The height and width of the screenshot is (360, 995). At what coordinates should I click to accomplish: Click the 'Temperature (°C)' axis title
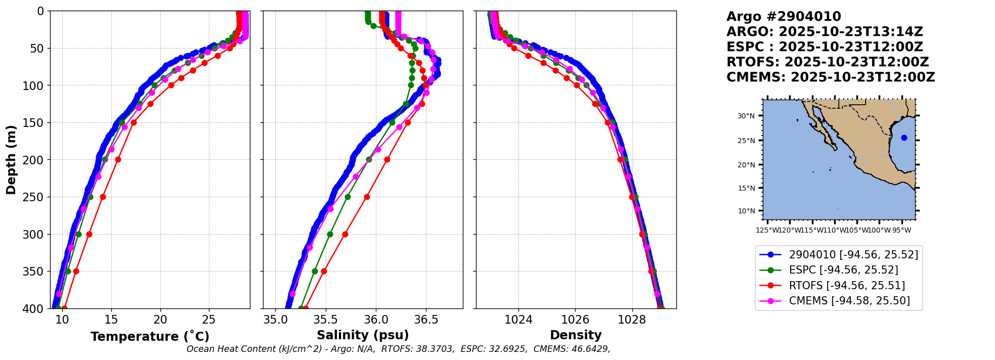click(150, 336)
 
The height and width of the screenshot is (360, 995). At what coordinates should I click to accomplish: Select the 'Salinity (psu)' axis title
click(363, 335)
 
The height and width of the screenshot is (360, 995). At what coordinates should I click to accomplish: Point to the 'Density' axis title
click(576, 335)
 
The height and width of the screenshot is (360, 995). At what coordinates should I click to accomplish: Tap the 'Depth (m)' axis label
click(11, 160)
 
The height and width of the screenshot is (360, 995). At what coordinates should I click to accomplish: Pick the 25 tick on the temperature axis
click(208, 320)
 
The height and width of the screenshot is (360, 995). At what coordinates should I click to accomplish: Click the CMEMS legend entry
click(849, 301)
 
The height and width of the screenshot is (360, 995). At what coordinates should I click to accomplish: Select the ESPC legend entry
click(843, 270)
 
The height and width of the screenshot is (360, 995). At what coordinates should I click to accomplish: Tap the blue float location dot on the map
click(904, 138)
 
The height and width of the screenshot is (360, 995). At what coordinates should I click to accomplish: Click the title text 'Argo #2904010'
click(784, 17)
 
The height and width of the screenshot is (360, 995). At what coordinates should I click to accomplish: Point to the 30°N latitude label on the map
click(746, 116)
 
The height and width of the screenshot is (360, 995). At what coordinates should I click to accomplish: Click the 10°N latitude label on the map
click(746, 211)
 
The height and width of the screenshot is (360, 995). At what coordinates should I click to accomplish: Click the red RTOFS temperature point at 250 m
click(103, 197)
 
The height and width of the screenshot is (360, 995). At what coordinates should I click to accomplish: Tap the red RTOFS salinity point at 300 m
click(345, 234)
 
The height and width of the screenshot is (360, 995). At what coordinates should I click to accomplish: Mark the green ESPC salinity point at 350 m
click(315, 271)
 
